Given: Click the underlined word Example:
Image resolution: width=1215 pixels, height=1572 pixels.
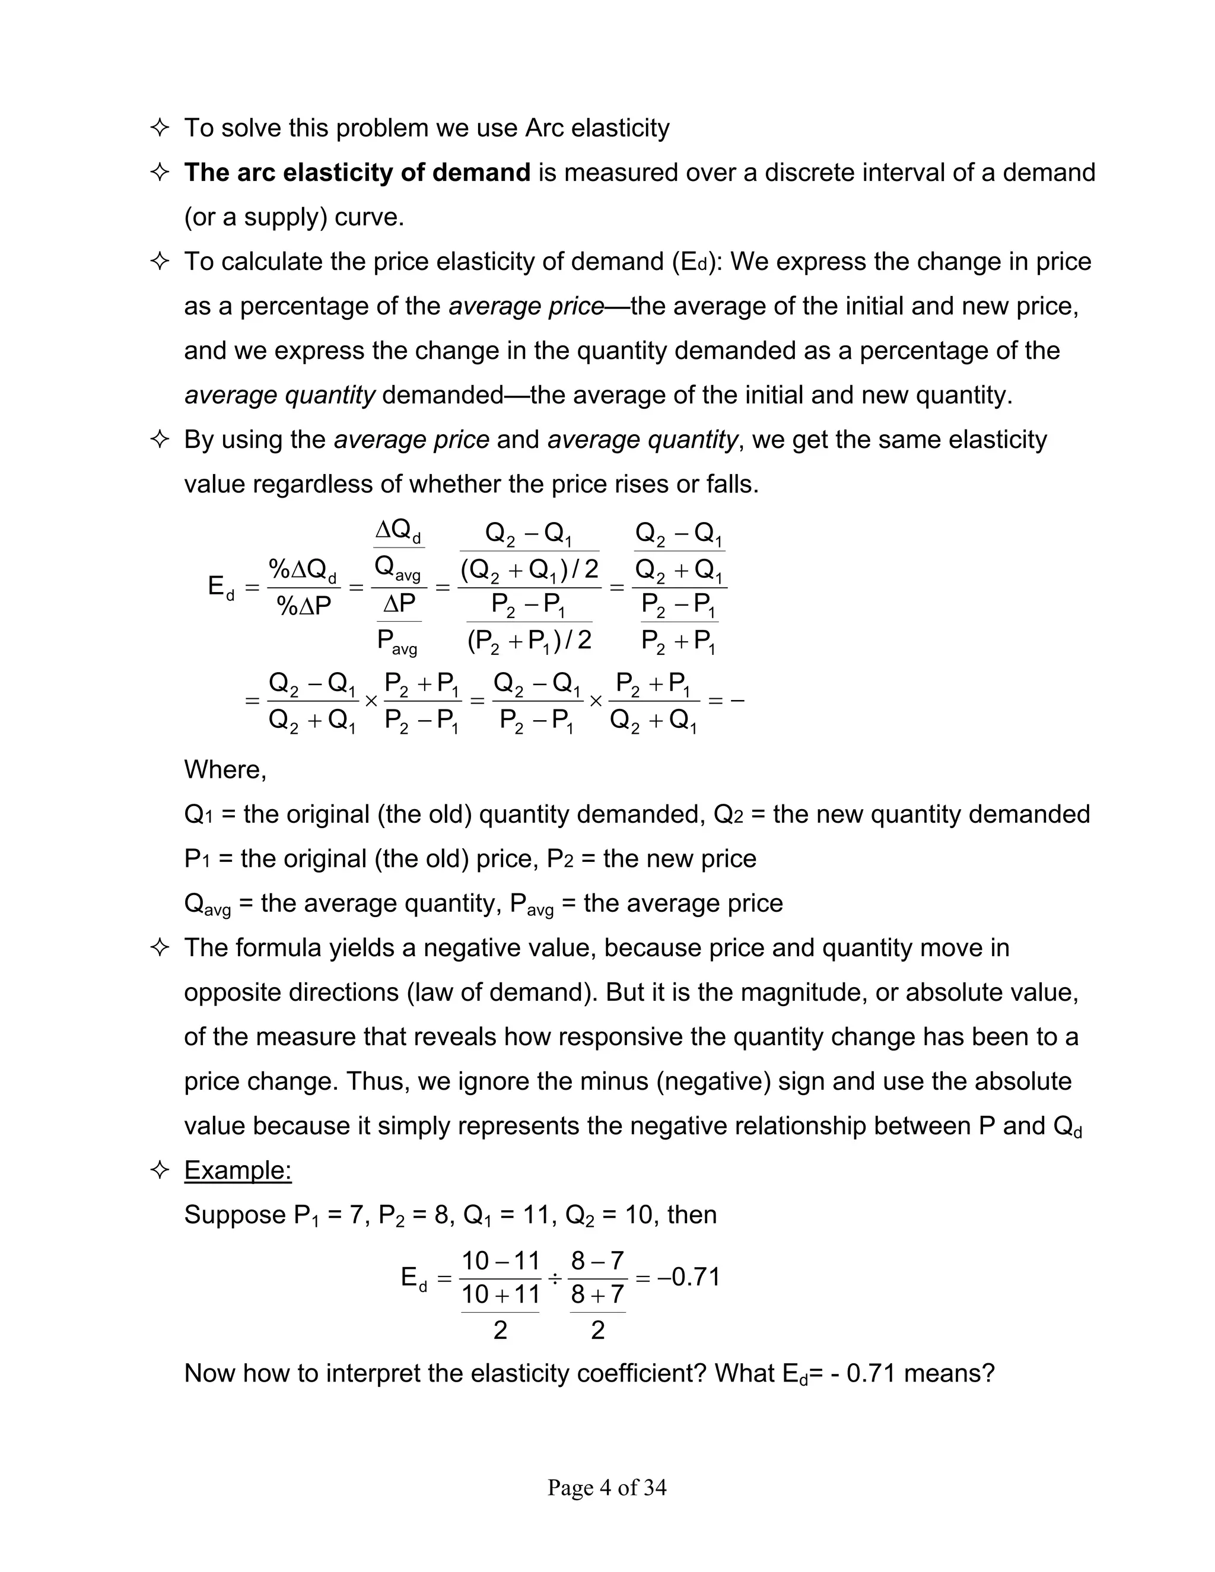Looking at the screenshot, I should click(237, 1170).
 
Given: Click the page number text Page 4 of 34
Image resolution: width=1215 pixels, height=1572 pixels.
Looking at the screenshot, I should click(607, 1487).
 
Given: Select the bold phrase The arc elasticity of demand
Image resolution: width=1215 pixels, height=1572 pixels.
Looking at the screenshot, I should click(357, 173).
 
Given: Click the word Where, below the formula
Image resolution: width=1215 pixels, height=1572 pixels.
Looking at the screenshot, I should click(225, 769).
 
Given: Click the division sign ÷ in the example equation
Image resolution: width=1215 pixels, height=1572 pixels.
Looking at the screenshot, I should click(554, 1278).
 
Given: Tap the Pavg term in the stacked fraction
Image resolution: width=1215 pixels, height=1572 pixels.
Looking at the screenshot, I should click(397, 641).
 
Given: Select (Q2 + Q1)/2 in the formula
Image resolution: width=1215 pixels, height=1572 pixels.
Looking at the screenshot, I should click(529, 570).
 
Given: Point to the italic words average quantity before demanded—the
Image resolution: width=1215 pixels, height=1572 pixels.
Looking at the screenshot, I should click(279, 395).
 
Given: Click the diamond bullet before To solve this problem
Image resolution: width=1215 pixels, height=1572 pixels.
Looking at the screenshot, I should click(160, 128).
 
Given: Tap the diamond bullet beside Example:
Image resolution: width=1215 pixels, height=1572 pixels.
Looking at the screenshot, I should click(160, 1170).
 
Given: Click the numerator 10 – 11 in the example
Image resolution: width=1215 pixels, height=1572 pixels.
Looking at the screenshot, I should click(500, 1261).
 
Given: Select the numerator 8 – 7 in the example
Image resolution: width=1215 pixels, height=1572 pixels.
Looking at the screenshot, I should click(597, 1261).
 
